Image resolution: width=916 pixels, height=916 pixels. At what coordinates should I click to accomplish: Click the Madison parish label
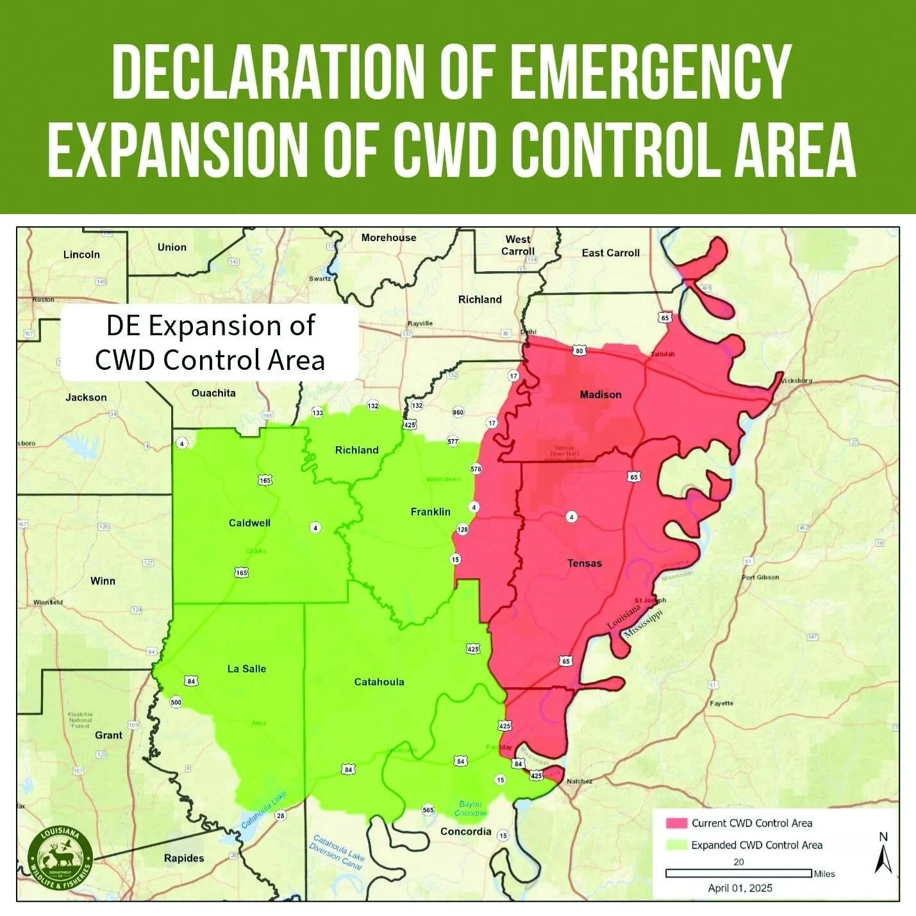pos(600,395)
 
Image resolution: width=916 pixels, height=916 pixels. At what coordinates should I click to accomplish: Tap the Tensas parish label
pos(584,563)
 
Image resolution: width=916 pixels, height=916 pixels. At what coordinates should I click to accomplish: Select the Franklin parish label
pos(430,512)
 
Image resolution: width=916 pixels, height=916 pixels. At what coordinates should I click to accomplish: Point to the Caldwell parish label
pos(249,523)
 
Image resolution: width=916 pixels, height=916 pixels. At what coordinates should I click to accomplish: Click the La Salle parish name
pos(246,669)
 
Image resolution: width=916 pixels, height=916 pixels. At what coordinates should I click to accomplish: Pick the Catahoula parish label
pos(379,682)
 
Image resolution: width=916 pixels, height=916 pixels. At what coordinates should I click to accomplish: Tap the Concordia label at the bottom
pos(465,831)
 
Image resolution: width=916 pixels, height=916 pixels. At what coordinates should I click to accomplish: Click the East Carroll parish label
pos(610,253)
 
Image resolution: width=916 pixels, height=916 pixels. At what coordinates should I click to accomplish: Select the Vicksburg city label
pos(796,380)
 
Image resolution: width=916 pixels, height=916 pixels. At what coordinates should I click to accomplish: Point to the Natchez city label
pos(579,781)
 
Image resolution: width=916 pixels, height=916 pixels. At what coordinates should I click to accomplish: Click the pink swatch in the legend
pos(676,823)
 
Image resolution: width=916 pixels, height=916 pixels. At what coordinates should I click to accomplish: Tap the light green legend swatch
pos(676,845)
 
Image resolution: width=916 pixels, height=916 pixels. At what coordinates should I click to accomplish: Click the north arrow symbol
pos(883,855)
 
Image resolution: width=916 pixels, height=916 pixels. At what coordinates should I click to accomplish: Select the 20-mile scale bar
pos(738,873)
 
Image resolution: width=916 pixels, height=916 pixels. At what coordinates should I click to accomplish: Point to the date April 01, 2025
pos(740,888)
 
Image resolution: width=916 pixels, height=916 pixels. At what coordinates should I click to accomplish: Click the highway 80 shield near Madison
pos(579,351)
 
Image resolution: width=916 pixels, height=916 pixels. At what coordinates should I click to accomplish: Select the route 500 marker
pos(176,702)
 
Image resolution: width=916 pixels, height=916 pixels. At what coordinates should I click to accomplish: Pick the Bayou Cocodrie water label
pos(470,808)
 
